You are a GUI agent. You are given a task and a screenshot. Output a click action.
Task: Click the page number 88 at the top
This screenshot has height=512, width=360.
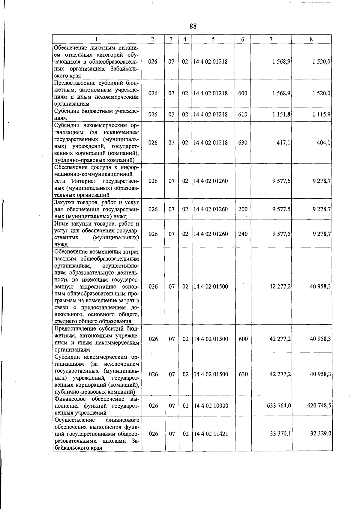[x=193, y=26]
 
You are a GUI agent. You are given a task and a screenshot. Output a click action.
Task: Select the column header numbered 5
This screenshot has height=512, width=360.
[x=213, y=39]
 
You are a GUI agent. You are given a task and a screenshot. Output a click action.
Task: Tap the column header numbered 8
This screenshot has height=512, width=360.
[x=311, y=39]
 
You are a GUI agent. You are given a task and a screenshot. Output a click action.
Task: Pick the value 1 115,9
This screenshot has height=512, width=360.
[x=321, y=114]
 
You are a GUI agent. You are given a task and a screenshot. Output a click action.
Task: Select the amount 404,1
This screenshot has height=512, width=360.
[x=324, y=142]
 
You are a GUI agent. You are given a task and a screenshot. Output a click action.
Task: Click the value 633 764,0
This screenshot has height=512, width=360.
[x=279, y=406]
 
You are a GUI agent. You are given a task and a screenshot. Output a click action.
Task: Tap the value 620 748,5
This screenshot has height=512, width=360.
[x=319, y=406]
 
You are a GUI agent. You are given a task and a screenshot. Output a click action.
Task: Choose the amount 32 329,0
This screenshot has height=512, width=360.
[x=320, y=434]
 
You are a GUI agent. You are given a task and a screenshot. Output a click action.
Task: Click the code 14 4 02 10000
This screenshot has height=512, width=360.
[x=211, y=406]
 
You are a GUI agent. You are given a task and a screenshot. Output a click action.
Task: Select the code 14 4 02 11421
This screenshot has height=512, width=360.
[x=211, y=434]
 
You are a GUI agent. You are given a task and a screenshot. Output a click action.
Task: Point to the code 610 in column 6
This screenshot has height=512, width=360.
[x=243, y=114]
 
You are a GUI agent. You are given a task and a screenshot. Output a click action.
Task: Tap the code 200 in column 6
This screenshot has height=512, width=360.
[x=243, y=209]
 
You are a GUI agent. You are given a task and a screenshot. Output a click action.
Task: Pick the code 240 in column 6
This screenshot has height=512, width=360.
[x=243, y=234]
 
